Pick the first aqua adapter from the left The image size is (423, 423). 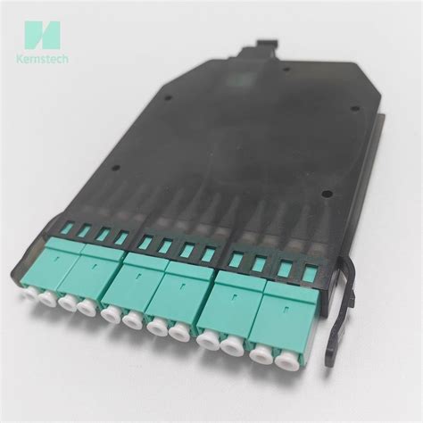59,267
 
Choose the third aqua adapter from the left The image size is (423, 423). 141,281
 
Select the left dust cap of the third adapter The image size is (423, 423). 112,314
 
